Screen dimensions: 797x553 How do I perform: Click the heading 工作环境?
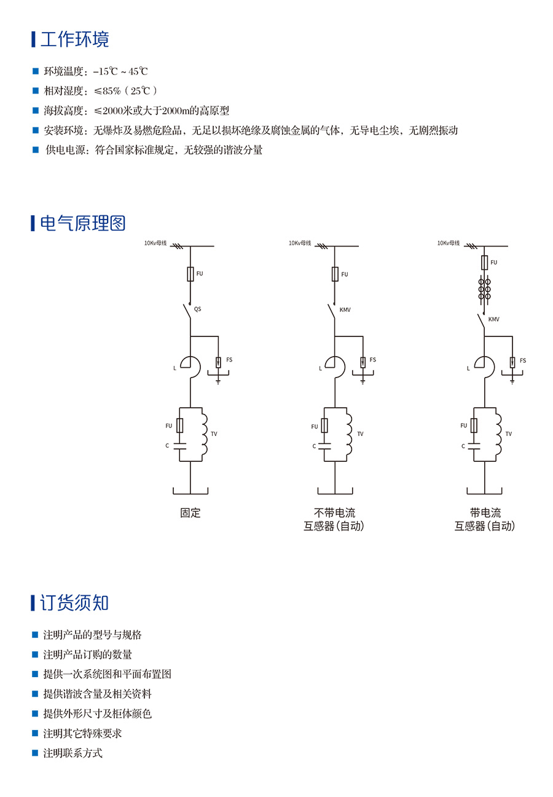pyautogui.click(x=74, y=39)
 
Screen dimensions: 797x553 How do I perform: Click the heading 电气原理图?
pyautogui.click(x=82, y=223)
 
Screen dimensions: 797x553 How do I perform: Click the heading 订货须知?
pyautogui.click(x=74, y=603)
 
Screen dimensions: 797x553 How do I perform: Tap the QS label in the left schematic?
pyautogui.click(x=197, y=309)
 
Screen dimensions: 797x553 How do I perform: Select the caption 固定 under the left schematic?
pyautogui.click(x=190, y=513)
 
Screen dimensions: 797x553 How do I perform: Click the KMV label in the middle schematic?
pyautogui.click(x=345, y=310)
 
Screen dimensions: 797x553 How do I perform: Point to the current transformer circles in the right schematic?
pyautogui.click(x=485, y=288)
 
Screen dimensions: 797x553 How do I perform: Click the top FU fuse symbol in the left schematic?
pyautogui.click(x=190, y=274)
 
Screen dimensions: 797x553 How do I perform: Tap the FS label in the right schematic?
pyautogui.click(x=523, y=360)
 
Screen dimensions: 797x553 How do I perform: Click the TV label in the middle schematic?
pyautogui.click(x=360, y=434)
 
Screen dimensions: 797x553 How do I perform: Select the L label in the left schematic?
pyautogui.click(x=175, y=368)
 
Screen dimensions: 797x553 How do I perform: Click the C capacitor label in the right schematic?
pyautogui.click(x=463, y=446)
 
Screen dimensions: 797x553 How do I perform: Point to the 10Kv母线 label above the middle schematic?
pyautogui.click(x=300, y=243)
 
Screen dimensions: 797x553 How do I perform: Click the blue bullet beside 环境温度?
pyautogui.click(x=35, y=71)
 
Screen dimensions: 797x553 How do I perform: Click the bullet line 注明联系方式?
pyautogui.click(x=73, y=753)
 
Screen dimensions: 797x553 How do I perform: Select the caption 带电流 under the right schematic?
pyautogui.click(x=485, y=513)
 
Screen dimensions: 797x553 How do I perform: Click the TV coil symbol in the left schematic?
pyautogui.click(x=205, y=434)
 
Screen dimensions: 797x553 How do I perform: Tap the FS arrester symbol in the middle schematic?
pyautogui.click(x=363, y=362)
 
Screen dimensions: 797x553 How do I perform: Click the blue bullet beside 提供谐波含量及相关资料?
pyautogui.click(x=35, y=694)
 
